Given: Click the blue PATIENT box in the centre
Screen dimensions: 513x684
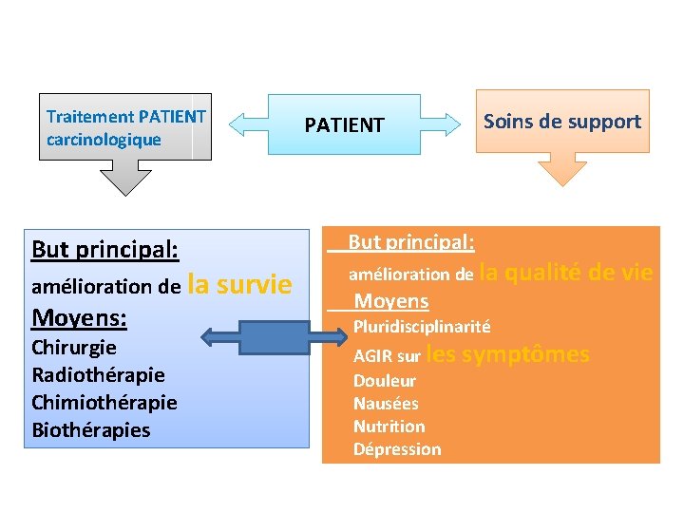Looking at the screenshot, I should (x=344, y=124).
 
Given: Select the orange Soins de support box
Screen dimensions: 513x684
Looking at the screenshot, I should (x=561, y=121).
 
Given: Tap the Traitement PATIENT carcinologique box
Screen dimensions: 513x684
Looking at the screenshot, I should (x=125, y=127).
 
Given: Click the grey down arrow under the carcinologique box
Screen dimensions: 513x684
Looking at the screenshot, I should (x=126, y=176).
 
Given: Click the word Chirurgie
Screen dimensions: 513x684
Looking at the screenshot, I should (x=74, y=347).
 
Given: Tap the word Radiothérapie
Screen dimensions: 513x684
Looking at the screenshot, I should (x=98, y=374).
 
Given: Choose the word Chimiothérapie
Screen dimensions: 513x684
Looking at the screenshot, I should (x=104, y=402).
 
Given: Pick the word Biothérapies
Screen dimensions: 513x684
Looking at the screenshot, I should (x=91, y=429).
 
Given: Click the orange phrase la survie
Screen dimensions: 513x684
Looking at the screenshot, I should (x=240, y=284).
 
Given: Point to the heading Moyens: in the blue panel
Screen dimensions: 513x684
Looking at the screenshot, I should (x=80, y=315).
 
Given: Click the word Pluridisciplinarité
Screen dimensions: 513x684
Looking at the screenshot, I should (x=422, y=327).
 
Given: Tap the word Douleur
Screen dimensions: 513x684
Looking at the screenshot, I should (x=385, y=381).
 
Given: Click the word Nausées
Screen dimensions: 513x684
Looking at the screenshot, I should (x=386, y=404).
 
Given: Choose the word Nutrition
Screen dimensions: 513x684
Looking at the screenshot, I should (x=389, y=427).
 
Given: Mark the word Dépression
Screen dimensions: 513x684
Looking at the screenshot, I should (x=397, y=449).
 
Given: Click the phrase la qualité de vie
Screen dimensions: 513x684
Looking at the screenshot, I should (x=566, y=273).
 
